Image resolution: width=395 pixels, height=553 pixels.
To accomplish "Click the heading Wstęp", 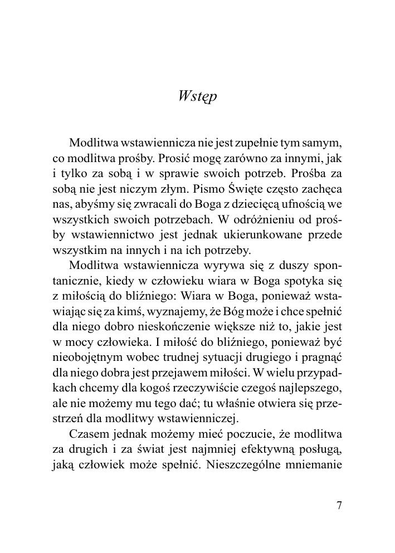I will tap(197, 96).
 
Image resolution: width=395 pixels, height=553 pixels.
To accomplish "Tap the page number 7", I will tap(340, 505).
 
